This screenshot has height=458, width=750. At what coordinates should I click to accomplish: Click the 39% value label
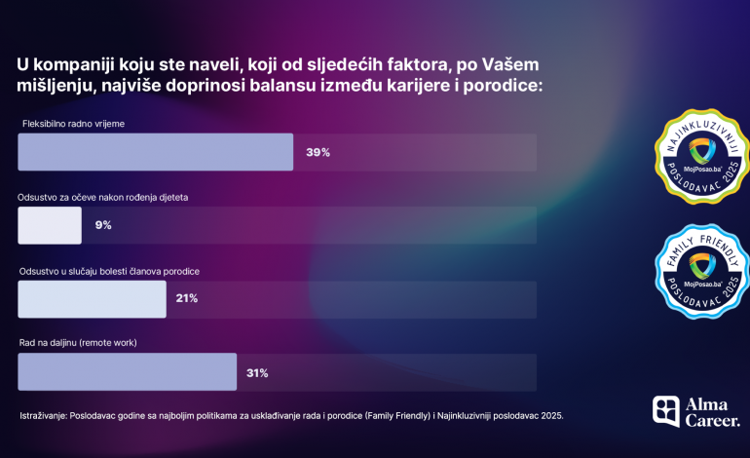(319, 152)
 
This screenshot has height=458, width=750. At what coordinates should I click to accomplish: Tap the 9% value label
(103, 225)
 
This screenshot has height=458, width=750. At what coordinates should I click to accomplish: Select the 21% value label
(187, 298)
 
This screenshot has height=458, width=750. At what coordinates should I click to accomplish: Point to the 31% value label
(257, 372)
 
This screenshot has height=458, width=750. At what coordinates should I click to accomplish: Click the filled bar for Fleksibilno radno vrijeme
(156, 152)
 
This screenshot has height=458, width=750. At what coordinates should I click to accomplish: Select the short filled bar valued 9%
(50, 225)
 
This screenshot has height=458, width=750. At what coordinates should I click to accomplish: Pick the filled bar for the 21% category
(93, 299)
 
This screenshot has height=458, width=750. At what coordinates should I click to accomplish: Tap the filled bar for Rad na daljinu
(128, 372)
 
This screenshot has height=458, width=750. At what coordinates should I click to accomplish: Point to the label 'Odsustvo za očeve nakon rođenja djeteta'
(103, 197)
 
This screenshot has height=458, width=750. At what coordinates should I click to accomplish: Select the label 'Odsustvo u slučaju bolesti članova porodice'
(109, 270)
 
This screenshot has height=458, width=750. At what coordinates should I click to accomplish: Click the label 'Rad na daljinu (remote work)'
(78, 343)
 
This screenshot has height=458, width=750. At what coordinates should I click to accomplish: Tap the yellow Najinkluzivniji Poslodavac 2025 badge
(701, 156)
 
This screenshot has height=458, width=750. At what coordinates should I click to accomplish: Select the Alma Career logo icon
(666, 411)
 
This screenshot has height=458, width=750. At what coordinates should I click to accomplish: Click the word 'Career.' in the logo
(713, 421)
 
